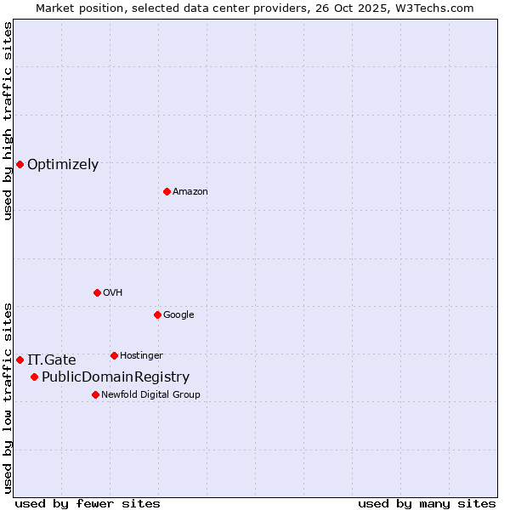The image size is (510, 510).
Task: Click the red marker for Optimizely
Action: tap(20, 164)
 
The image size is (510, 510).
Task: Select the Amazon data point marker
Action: tap(167, 191)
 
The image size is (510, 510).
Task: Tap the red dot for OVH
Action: tap(97, 292)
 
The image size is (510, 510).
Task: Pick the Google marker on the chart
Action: tap(157, 314)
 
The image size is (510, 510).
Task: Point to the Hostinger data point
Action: tap(114, 355)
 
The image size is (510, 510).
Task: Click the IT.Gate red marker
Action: tap(20, 360)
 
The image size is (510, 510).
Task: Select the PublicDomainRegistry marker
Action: tap(34, 377)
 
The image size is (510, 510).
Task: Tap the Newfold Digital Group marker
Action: tap(95, 394)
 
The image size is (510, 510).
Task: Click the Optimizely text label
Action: tap(63, 165)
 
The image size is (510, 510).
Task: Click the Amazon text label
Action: tap(190, 192)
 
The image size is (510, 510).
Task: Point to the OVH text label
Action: tap(113, 293)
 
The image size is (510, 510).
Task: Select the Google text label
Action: tap(178, 315)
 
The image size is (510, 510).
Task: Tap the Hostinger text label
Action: tap(141, 356)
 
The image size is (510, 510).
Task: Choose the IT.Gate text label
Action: tap(52, 360)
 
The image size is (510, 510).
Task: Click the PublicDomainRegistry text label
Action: tap(116, 377)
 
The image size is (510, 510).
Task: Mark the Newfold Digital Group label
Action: tap(151, 395)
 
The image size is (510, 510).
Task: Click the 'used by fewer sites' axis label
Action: tap(88, 503)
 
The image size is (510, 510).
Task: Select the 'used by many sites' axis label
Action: tap(427, 503)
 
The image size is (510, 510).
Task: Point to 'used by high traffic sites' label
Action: tap(8, 121)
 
